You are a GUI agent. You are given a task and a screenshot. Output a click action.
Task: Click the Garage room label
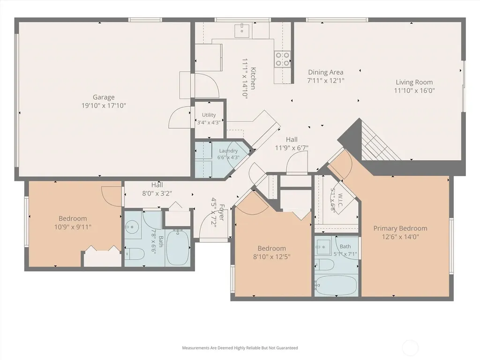104,97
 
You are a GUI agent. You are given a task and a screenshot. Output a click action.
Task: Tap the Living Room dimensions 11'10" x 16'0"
414,90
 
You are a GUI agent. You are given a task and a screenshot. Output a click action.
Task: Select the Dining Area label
325,72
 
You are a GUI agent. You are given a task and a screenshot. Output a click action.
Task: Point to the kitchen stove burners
282,59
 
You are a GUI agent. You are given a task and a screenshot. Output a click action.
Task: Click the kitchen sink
242,30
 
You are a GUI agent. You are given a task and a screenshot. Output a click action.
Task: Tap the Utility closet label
209,115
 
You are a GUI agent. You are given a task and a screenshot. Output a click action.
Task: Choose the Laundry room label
228,150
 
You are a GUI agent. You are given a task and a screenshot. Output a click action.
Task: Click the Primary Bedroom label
400,228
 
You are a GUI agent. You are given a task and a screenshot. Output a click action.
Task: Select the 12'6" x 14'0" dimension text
400,237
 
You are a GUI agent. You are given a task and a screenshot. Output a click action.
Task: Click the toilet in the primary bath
324,265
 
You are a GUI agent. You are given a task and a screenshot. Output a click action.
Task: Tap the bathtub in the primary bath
336,285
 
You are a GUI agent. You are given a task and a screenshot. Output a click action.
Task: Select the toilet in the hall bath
135,254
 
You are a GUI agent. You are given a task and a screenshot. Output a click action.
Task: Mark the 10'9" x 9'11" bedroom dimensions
73,227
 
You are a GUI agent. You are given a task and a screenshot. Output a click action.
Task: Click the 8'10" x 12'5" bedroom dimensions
272,257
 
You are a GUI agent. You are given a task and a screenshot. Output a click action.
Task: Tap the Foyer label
222,212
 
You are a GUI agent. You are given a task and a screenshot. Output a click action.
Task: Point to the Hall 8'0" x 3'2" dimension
157,194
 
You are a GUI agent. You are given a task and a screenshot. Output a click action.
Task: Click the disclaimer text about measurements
240,348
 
